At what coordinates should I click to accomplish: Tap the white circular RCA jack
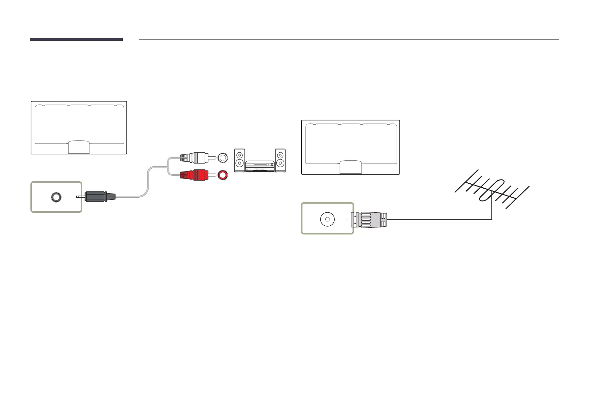[222, 158]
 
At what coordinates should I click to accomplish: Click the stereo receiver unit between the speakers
[260, 166]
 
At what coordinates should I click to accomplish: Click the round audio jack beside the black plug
[56, 197]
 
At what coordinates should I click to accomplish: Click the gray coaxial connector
[371, 220]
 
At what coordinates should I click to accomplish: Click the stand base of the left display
[79, 147]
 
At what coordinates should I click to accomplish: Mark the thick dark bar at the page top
[76, 39]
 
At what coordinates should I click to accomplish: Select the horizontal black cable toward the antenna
[437, 220]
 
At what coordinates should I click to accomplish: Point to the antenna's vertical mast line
[492, 210]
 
